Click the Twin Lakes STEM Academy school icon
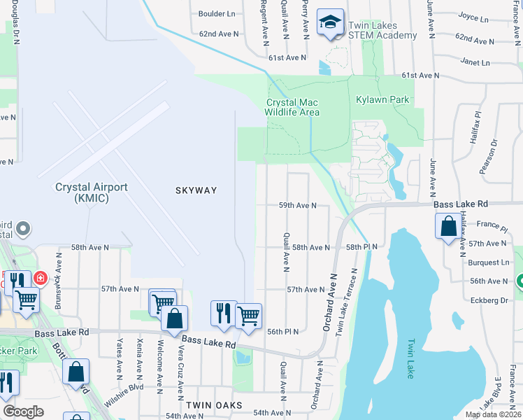(x=329, y=22)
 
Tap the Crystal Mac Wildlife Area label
(x=292, y=107)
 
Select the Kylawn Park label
(x=382, y=100)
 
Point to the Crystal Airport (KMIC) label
(x=92, y=192)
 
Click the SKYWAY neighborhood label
(x=196, y=190)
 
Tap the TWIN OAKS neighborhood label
(x=214, y=405)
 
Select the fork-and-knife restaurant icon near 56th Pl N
(x=223, y=313)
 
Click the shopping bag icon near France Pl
(x=447, y=227)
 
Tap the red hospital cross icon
(x=41, y=278)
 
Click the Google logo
(x=23, y=412)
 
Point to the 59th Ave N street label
(x=298, y=206)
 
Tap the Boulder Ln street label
(x=217, y=13)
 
